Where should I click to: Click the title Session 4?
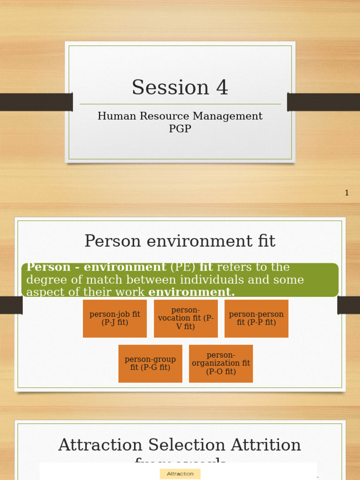click(180, 88)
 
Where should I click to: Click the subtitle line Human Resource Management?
click(180, 116)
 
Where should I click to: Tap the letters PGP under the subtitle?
click(180, 128)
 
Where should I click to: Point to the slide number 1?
click(347, 193)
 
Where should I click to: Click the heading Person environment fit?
click(180, 241)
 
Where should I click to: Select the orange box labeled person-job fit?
click(115, 319)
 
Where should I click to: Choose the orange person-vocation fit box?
click(186, 319)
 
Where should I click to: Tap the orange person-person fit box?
click(256, 319)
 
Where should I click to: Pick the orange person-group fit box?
click(150, 364)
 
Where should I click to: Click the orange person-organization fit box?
click(221, 364)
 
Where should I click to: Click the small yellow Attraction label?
click(180, 474)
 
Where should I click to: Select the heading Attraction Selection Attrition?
click(180, 445)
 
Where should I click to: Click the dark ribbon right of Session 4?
click(323, 102)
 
